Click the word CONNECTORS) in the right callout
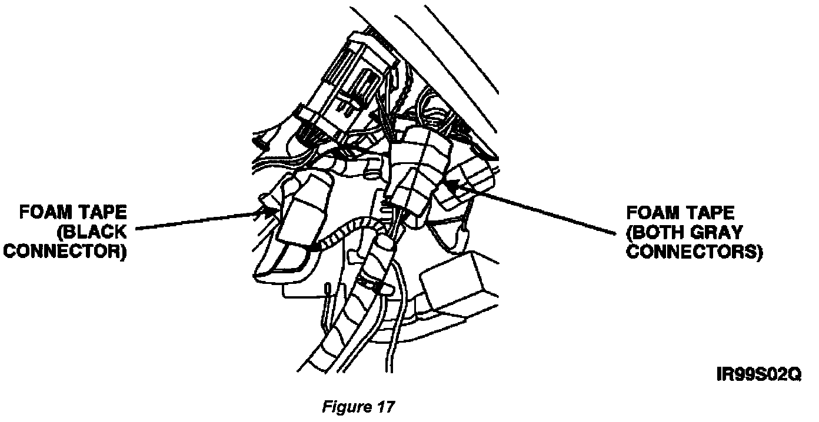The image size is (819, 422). coord(694,253)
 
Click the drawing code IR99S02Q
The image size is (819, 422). coord(757,374)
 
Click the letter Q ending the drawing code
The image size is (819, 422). coord(794,374)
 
